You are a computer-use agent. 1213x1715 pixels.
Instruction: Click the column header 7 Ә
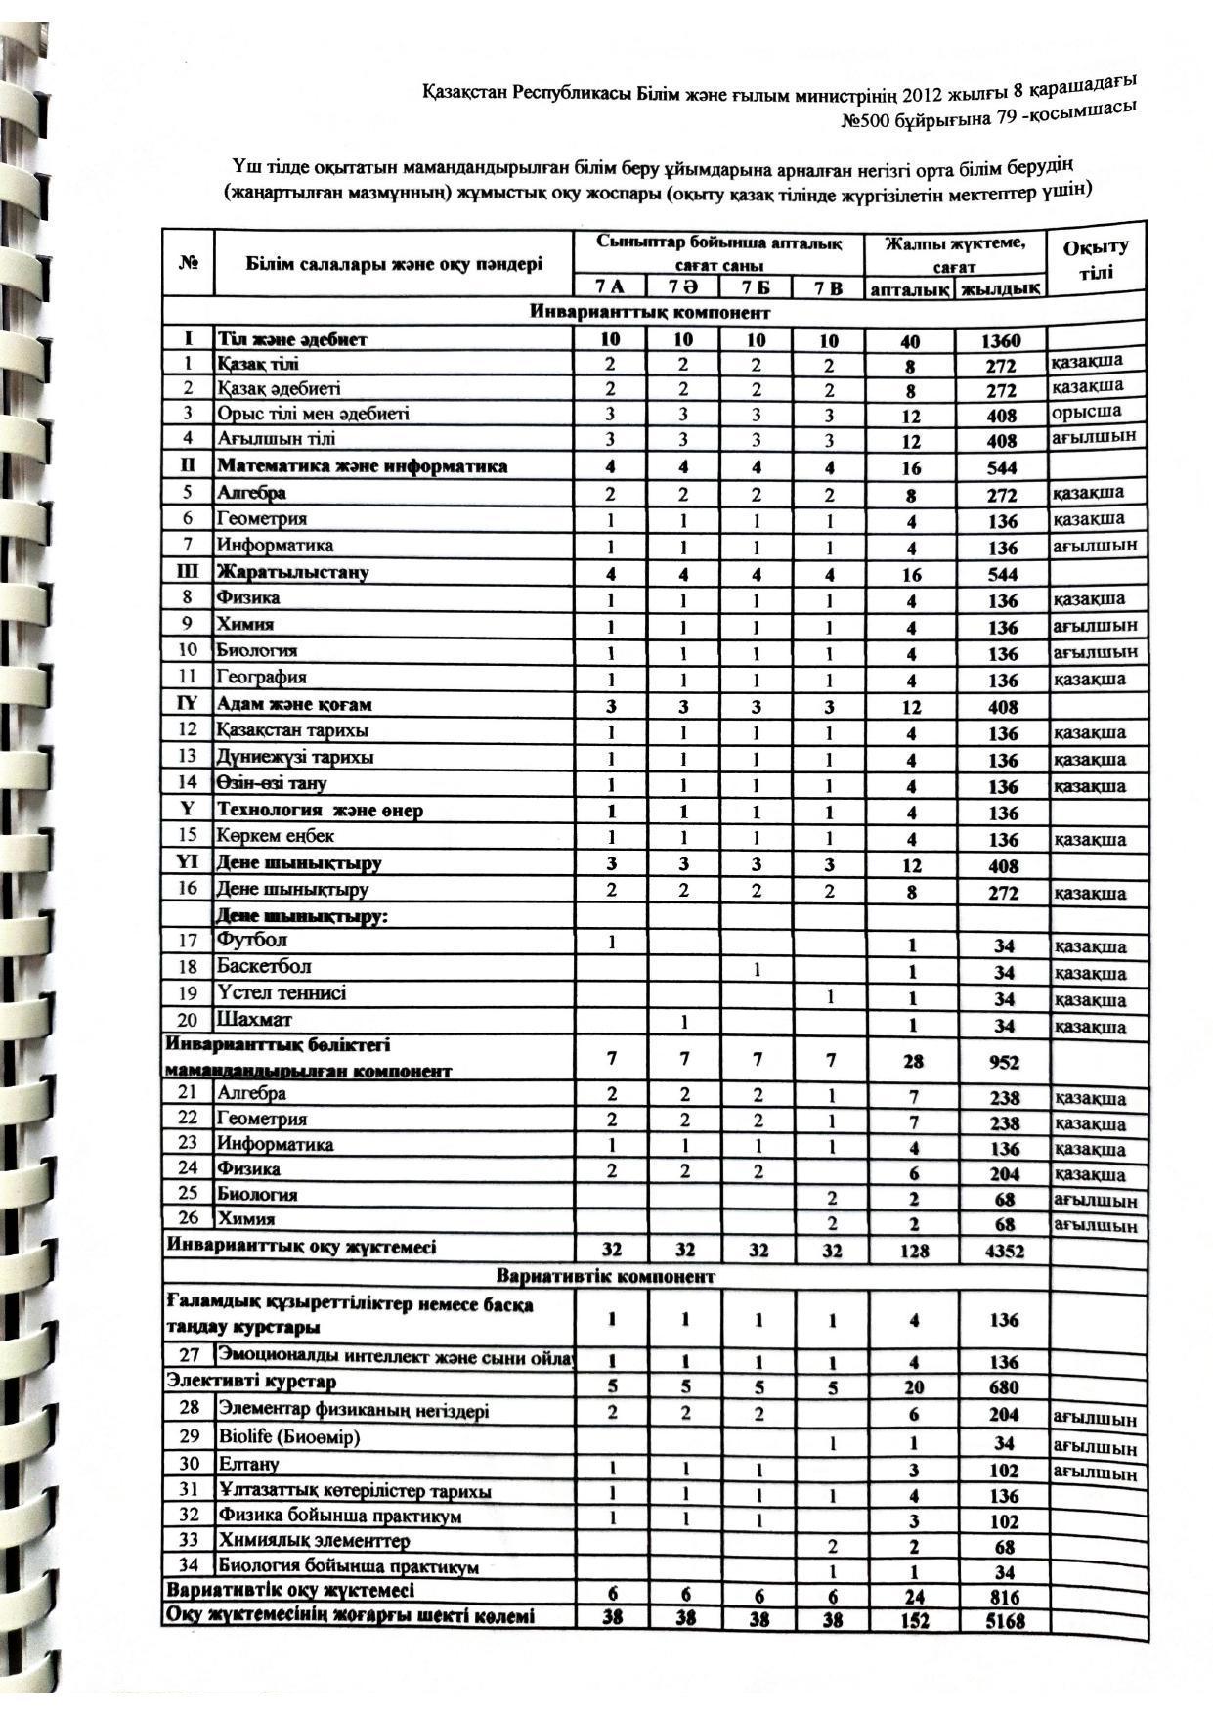click(x=682, y=286)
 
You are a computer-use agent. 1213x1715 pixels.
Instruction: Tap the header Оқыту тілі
click(x=1096, y=260)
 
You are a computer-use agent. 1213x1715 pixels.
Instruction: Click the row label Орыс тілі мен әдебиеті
click(x=313, y=413)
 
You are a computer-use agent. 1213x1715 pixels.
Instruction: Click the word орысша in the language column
click(x=1086, y=411)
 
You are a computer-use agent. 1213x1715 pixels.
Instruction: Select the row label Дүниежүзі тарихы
click(x=295, y=757)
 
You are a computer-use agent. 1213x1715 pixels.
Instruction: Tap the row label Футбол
click(x=252, y=941)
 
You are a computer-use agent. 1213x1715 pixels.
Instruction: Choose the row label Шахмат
click(x=254, y=1020)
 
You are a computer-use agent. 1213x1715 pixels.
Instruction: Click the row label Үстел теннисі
click(x=282, y=993)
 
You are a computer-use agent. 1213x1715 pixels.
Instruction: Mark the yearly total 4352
click(x=1005, y=1251)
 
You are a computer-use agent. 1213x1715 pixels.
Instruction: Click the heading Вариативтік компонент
click(x=605, y=1277)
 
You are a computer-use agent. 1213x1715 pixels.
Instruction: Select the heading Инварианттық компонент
click(x=650, y=313)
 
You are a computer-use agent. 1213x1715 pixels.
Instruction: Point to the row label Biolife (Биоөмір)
click(x=289, y=1437)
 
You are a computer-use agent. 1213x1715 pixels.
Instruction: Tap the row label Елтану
click(x=248, y=1464)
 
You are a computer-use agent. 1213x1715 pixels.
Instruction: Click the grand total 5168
click(x=1006, y=1621)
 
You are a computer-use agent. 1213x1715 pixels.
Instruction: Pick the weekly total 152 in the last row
click(x=915, y=1621)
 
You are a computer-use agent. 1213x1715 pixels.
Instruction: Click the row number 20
click(x=188, y=1020)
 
